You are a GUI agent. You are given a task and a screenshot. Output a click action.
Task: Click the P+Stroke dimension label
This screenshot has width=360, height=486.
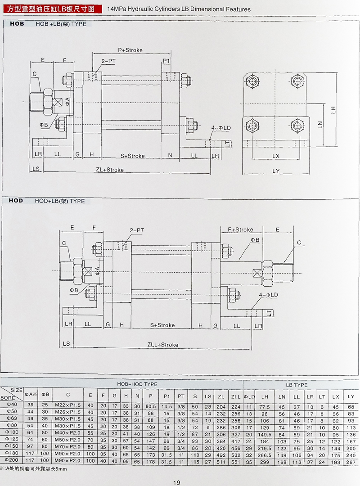[x=130, y=50]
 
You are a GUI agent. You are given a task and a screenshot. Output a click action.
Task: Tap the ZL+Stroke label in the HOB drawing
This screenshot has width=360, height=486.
[x=110, y=170]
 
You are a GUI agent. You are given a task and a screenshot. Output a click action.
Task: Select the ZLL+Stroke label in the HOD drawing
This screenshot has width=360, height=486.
[x=162, y=345]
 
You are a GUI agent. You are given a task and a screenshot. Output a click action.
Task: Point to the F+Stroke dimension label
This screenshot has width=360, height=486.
[x=240, y=229]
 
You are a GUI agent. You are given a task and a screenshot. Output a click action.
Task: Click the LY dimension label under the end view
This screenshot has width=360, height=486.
[x=276, y=171]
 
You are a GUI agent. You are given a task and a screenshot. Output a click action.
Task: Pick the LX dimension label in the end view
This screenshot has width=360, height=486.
[x=276, y=156]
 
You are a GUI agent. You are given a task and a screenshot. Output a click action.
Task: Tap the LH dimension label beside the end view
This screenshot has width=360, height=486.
[x=333, y=109]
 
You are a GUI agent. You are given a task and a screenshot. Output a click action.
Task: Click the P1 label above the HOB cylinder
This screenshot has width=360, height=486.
[x=166, y=60]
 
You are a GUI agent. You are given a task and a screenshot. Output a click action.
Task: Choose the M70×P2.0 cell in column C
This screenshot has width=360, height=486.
[x=67, y=445]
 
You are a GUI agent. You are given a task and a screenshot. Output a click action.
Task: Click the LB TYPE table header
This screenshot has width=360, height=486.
[x=297, y=385]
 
